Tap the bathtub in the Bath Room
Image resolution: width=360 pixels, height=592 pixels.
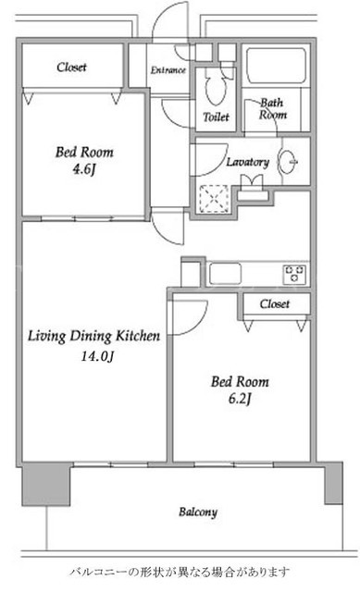(x=276, y=66)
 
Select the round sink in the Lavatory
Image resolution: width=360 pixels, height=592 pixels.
(x=288, y=162)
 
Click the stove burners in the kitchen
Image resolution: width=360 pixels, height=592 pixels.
(x=294, y=274)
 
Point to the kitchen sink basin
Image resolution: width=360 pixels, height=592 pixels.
(x=225, y=274)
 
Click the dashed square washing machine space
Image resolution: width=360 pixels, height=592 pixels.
(x=214, y=199)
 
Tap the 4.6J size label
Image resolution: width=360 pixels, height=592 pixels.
(x=84, y=169)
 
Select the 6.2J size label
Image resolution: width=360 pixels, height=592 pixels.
(x=240, y=399)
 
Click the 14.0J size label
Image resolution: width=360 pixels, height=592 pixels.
(x=97, y=355)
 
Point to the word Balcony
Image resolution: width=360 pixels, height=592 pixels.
(x=198, y=512)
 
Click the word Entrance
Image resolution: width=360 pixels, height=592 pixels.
(x=168, y=70)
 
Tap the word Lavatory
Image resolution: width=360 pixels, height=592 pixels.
(x=247, y=162)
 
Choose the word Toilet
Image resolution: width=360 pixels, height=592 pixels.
(x=216, y=117)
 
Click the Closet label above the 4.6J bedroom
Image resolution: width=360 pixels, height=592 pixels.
(x=71, y=68)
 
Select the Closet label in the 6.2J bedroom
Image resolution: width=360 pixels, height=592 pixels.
(x=275, y=304)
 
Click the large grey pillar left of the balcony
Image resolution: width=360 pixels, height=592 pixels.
(x=46, y=485)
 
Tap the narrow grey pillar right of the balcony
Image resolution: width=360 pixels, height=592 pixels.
(x=333, y=483)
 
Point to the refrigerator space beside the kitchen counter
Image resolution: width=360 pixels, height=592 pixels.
(x=191, y=273)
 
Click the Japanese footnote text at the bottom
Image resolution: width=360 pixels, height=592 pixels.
(x=180, y=572)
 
